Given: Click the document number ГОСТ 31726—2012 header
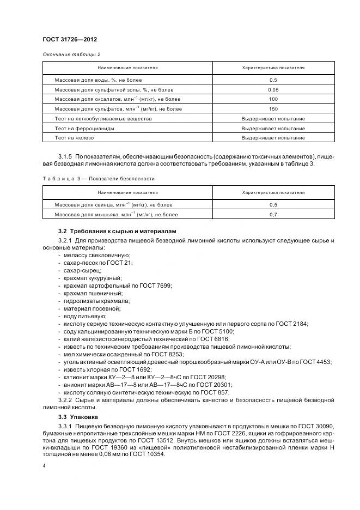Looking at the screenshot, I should coord(66,40).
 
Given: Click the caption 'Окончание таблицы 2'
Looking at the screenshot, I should coord(71,54).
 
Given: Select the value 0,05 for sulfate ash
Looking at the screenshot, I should coord(273,89).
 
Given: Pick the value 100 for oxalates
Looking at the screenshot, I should coord(273,99).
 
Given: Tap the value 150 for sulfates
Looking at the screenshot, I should coord(273,109).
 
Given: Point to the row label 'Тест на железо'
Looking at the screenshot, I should coord(75,138).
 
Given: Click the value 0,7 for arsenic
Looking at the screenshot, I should coord(273,215).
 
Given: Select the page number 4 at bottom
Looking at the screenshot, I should coord(44,466).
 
